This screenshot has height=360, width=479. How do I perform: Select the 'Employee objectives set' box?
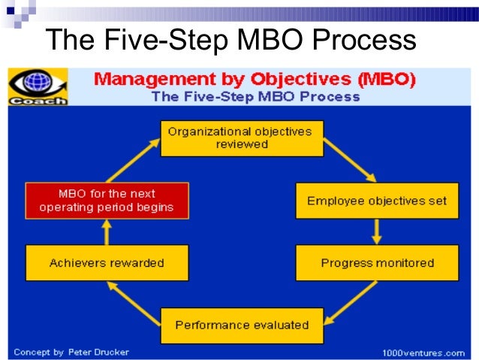pyautogui.click(x=377, y=201)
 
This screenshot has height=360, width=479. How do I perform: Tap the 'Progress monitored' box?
pyautogui.click(x=377, y=263)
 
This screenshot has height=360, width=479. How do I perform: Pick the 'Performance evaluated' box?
pyautogui.click(x=242, y=325)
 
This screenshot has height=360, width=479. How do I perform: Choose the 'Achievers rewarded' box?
pyautogui.click(x=107, y=263)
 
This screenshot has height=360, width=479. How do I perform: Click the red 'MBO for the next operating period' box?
pyautogui.click(x=107, y=201)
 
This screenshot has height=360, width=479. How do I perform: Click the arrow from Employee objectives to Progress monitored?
pyautogui.click(x=377, y=232)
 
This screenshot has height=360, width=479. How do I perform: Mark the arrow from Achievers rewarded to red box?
pyautogui.click(x=107, y=232)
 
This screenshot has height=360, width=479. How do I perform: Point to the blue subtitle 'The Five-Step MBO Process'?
pyautogui.click(x=255, y=96)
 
